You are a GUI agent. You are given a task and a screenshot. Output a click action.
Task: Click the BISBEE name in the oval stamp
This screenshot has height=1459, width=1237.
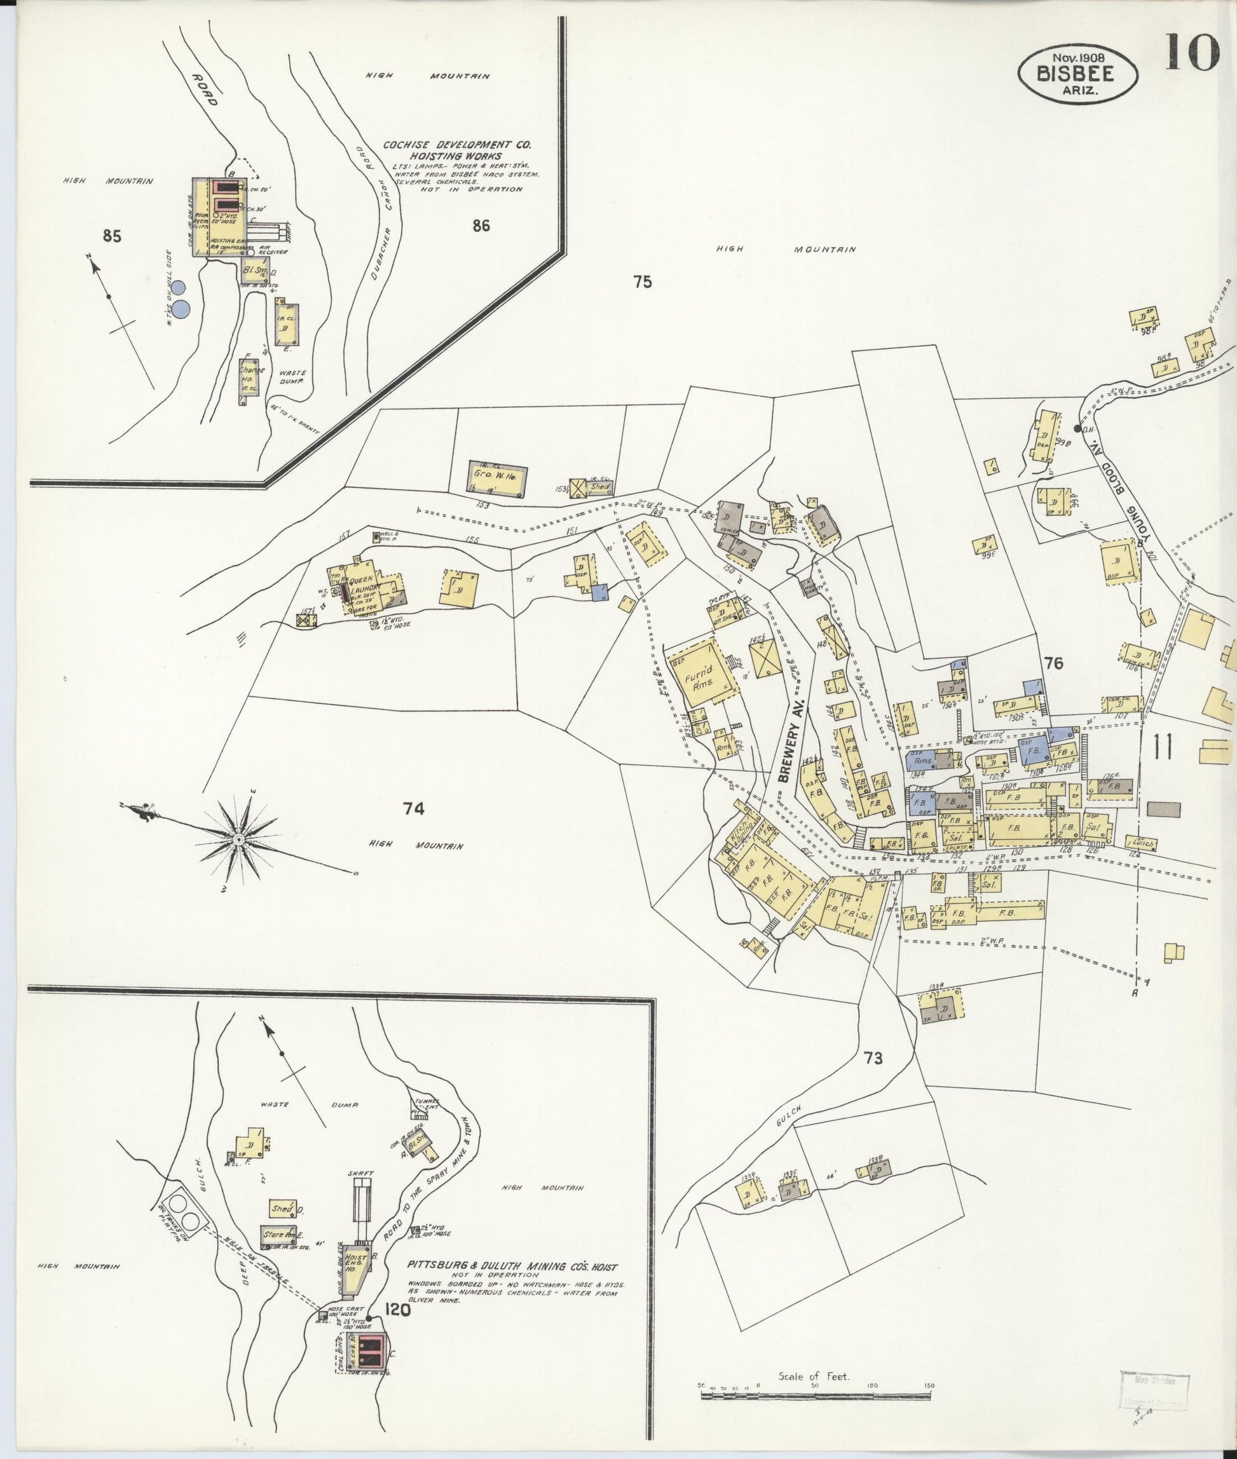(1077, 72)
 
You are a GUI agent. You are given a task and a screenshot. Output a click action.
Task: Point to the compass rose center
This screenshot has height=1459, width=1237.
(238, 839)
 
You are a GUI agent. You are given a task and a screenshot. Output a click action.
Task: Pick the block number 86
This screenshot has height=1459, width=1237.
(481, 225)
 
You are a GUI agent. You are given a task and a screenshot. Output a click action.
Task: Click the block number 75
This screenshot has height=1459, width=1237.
(643, 282)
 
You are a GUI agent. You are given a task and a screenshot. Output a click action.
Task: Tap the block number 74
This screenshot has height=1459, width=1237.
(414, 809)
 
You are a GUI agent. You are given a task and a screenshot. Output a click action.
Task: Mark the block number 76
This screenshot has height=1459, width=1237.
(1053, 663)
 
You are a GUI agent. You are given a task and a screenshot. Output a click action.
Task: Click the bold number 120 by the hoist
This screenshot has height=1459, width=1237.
(398, 1308)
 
